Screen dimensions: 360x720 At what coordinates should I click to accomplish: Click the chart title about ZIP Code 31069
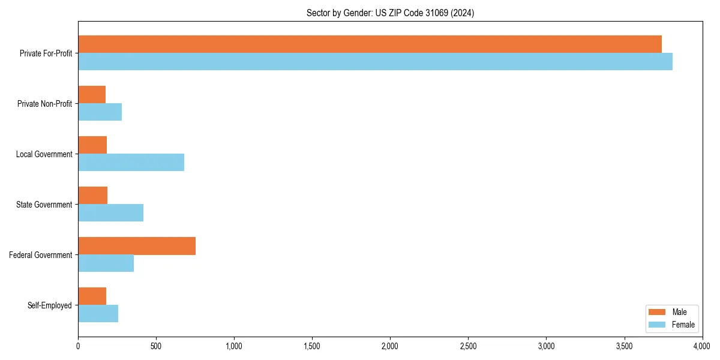(390, 13)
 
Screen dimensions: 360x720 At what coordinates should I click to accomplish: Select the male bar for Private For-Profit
(370, 44)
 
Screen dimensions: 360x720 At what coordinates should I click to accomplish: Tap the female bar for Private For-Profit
(375, 62)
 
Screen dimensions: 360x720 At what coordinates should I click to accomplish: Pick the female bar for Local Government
(131, 162)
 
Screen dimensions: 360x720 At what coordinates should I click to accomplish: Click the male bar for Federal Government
(137, 246)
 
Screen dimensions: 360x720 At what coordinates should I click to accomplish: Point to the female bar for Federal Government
(106, 263)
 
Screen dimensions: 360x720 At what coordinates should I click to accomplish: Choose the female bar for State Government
(110, 213)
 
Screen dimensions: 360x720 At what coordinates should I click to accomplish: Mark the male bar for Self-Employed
(92, 296)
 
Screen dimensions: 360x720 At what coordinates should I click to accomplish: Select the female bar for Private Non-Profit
(100, 112)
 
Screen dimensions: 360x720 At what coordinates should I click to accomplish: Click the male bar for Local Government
(92, 145)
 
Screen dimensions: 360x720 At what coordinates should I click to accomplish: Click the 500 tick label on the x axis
(156, 346)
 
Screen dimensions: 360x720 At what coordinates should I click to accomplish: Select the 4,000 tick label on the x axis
(701, 346)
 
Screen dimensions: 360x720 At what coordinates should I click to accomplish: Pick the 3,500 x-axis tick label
(624, 346)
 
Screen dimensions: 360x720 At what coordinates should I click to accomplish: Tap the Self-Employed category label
(50, 305)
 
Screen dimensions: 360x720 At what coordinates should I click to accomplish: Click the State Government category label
(44, 205)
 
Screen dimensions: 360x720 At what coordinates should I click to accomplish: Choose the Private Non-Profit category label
(45, 104)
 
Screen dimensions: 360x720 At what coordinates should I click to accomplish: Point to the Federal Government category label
(41, 255)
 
